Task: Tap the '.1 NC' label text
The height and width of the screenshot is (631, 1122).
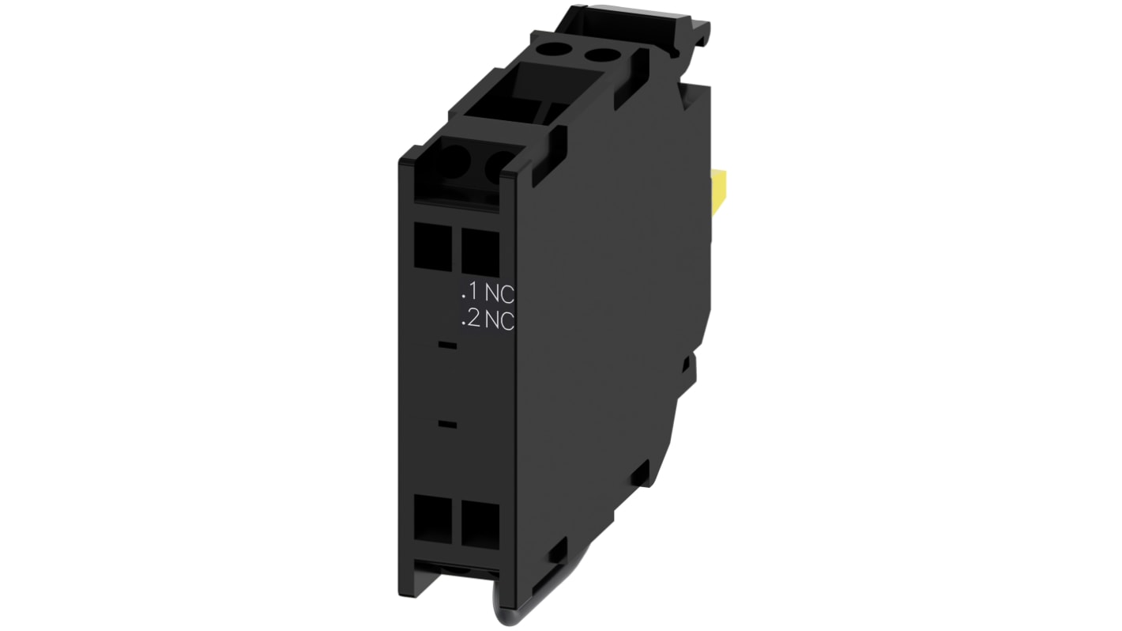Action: coord(488,293)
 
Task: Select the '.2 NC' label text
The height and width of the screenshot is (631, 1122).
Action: coord(488,319)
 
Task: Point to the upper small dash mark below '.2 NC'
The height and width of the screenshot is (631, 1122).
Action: coord(446,346)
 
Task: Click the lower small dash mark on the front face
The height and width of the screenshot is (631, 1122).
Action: coord(446,425)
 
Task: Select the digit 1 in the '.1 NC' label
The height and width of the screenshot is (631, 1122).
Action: coord(473,293)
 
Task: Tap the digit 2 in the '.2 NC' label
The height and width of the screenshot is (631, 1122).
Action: coord(473,319)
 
